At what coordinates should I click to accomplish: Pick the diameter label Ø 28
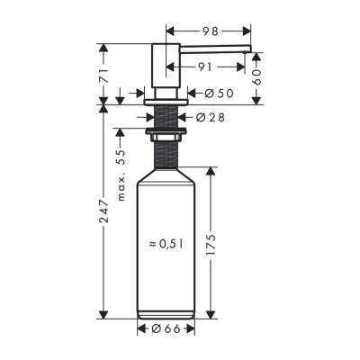pyautogui.click(x=212, y=115)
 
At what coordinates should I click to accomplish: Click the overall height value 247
pyautogui.click(x=104, y=213)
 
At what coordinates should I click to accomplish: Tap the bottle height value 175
pyautogui.click(x=213, y=244)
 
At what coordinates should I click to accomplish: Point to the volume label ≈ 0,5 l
pyautogui.click(x=167, y=244)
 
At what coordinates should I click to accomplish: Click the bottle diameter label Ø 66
pyautogui.click(x=168, y=329)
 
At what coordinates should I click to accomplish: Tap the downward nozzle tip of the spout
pyautogui.click(x=246, y=55)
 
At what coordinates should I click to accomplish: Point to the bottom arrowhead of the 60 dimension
pyautogui.click(x=258, y=101)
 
